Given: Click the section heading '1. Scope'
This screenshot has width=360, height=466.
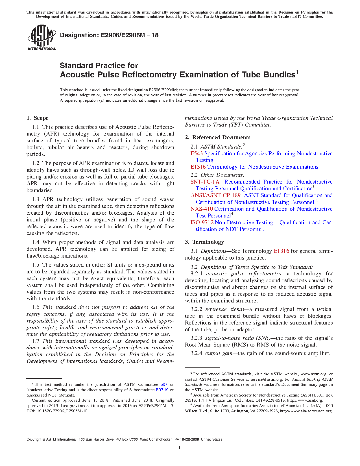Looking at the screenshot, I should [38, 118].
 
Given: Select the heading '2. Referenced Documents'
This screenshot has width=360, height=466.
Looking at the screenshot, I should [218, 138].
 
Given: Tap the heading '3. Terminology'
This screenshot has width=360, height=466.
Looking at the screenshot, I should [204, 242].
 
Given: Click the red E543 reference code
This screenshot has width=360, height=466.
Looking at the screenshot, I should [197, 154].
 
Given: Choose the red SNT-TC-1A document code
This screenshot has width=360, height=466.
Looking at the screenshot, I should [205, 182].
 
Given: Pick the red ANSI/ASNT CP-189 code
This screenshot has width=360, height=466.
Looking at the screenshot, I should [215, 195].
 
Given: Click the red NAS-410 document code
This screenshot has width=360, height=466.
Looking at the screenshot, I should [201, 209].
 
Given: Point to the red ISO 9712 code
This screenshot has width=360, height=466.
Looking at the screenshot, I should [202, 223].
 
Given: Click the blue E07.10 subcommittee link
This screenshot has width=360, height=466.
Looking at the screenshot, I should [162, 390].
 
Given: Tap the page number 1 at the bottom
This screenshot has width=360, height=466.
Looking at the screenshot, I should [180, 447].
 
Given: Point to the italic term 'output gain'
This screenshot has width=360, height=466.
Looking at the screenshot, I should [219, 353].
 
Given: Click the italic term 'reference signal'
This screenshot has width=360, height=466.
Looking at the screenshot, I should [224, 309].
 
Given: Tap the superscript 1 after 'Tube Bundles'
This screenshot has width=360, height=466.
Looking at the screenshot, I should [297, 72].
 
